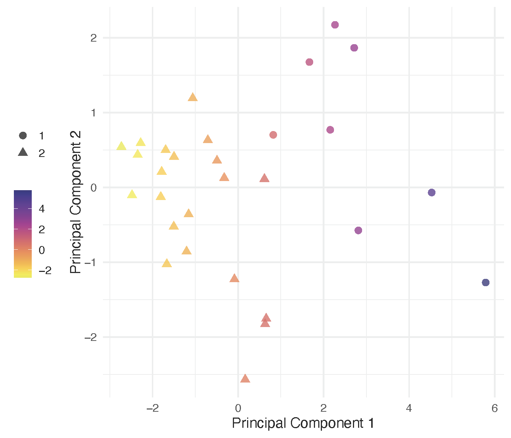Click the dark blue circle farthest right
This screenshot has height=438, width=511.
point(485,283)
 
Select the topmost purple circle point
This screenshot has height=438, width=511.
point(335,25)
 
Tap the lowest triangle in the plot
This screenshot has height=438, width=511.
point(245,379)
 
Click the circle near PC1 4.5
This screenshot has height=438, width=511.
point(431,193)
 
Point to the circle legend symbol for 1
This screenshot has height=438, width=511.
point(23,136)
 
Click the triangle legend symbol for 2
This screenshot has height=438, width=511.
point(23,153)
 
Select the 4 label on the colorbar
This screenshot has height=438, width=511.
point(42,209)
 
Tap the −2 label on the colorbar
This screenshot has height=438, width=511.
point(45,270)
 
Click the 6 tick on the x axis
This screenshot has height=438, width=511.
point(495,408)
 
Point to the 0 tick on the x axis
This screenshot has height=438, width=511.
point(238,408)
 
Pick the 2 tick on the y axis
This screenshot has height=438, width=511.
point(94,38)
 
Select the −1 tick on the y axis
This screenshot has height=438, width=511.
point(91,262)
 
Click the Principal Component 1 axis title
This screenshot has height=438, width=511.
point(303,423)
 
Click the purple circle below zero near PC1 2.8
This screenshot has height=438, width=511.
point(358,230)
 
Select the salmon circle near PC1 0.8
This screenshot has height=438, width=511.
point(273,135)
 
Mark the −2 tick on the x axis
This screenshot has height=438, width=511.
point(152,408)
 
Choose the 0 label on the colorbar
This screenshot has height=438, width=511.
point(42,250)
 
